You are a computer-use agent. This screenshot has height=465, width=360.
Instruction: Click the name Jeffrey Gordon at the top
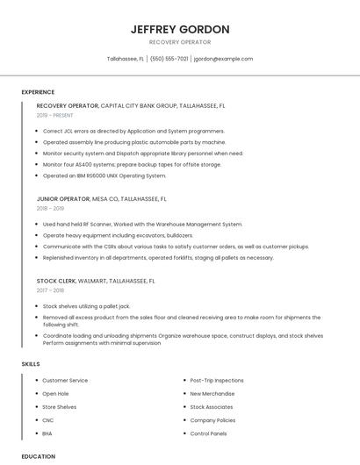click(x=180, y=29)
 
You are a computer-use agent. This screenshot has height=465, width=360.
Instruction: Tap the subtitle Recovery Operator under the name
click(x=180, y=41)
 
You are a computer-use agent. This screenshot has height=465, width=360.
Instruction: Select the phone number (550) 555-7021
click(x=169, y=59)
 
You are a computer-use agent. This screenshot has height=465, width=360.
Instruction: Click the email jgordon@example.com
click(x=223, y=59)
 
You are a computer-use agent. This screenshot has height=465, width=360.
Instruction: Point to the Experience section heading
click(x=38, y=92)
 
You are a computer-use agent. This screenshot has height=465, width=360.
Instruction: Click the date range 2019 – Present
click(x=55, y=115)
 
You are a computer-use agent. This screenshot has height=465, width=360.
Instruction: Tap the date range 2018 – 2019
click(x=50, y=209)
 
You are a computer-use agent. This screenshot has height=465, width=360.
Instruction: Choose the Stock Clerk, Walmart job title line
click(x=96, y=282)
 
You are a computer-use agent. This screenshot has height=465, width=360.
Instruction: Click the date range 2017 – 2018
click(x=50, y=290)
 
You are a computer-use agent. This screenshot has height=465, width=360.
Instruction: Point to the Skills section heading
click(x=31, y=363)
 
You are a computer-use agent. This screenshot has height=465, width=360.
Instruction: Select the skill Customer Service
click(x=65, y=381)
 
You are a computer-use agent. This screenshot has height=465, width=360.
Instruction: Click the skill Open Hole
click(x=56, y=394)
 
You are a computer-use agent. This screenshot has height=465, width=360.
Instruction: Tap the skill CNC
click(x=47, y=420)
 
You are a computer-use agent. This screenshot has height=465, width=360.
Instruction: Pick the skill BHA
click(x=47, y=433)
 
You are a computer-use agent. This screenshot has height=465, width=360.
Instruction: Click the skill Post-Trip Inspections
click(x=217, y=381)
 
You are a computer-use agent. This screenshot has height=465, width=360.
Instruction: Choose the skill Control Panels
click(x=208, y=433)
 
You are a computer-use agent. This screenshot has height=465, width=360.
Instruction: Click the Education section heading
click(x=39, y=456)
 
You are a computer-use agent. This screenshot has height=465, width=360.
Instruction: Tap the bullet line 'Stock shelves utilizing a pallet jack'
click(x=86, y=306)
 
